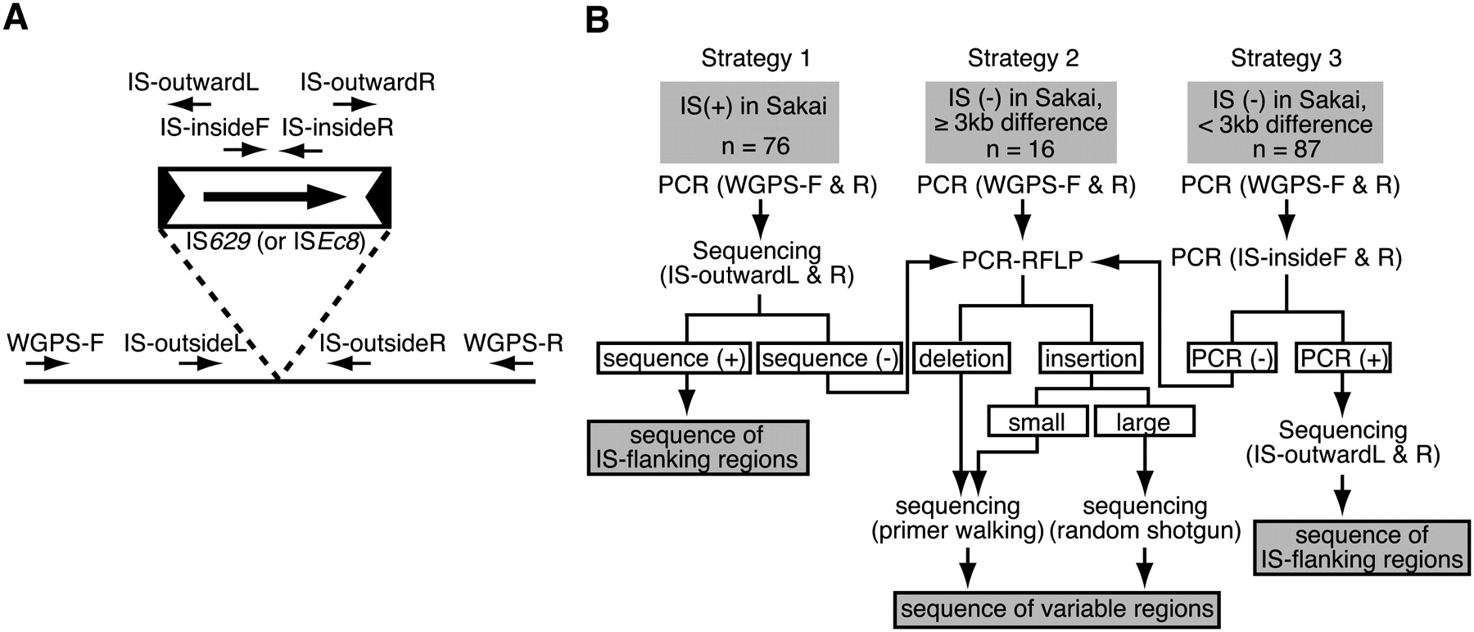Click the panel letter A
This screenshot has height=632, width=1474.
16,17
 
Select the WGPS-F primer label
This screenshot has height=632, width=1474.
55,343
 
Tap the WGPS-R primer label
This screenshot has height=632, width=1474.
513,343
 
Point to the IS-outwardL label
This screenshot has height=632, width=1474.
192,82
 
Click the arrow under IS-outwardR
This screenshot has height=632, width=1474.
355,104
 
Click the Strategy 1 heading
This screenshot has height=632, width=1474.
756,58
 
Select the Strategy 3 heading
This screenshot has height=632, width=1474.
1286,58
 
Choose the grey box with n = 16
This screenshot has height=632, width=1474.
1028,122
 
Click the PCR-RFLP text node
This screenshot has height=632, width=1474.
1022,260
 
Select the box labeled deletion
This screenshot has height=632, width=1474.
961,358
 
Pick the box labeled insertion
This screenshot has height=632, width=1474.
1090,358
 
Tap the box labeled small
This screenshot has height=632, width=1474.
1037,421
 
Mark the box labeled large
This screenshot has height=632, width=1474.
1143,421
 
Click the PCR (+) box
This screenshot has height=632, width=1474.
1342,358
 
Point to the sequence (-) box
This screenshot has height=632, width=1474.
830,358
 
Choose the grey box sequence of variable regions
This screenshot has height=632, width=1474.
1056,609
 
